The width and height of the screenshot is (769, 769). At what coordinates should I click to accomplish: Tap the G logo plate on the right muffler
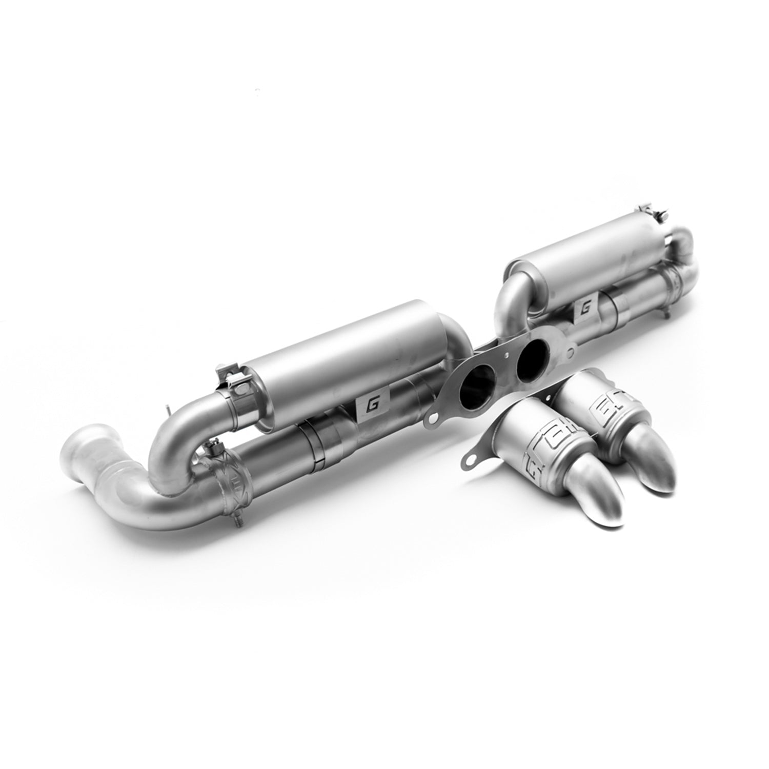[x=586, y=310]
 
